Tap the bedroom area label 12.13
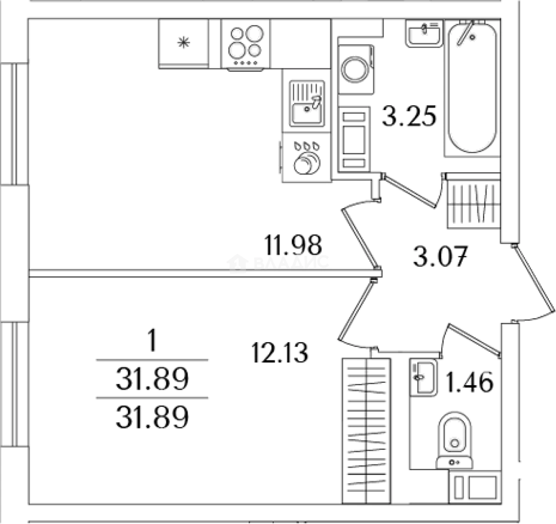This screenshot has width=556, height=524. click(279, 353)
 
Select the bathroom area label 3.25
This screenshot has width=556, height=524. click(409, 116)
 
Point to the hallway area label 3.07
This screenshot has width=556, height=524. click(441, 256)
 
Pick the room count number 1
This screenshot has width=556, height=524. click(152, 340)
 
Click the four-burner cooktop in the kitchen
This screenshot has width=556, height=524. click(245, 44)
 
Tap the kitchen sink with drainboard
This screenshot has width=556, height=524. click(307, 103)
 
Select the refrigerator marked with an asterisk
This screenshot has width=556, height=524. click(184, 43)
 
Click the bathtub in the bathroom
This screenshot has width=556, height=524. click(472, 87)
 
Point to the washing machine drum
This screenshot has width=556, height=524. click(355, 69)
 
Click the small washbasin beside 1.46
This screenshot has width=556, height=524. click(423, 377)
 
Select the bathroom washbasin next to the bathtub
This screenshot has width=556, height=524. click(424, 33)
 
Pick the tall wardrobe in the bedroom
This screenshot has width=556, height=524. click(366, 431)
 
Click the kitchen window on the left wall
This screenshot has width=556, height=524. click(14, 124)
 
